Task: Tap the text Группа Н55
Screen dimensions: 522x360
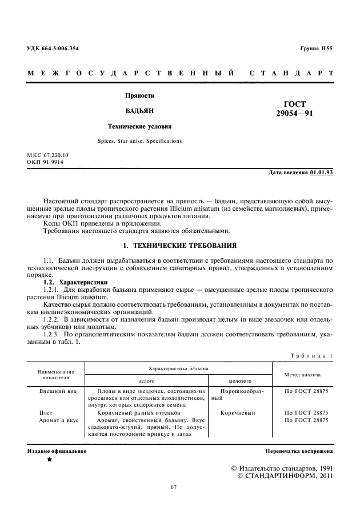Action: tap(316, 49)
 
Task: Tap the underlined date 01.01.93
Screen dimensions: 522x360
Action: tap(321, 172)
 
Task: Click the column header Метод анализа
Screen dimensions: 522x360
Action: tap(303, 375)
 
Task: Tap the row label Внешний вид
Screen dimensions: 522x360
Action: tap(55, 393)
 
